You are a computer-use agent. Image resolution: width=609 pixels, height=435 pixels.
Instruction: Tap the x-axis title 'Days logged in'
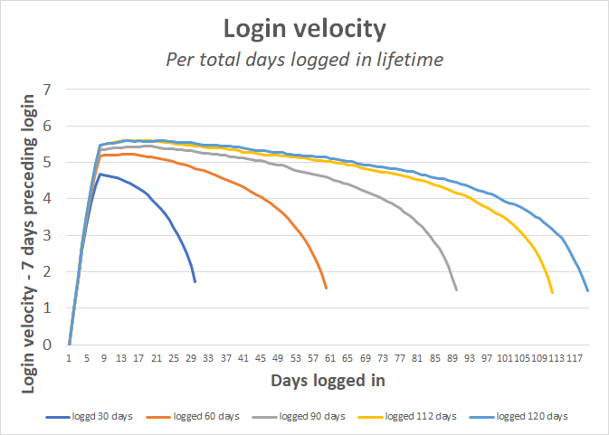pyautogui.click(x=328, y=381)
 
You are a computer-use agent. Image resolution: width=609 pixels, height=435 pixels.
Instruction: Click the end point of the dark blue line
pyautogui.click(x=195, y=282)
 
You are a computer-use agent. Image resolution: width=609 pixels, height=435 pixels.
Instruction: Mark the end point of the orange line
pyautogui.click(x=326, y=288)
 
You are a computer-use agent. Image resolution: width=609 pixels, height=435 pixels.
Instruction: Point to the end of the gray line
pyautogui.click(x=457, y=290)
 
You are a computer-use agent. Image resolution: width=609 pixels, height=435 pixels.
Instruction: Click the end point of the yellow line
pyautogui.click(x=553, y=293)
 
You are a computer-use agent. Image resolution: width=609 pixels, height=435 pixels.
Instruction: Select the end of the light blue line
pyautogui.click(x=588, y=291)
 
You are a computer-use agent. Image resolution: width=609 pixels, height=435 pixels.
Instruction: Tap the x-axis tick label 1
pyautogui.click(x=70, y=358)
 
